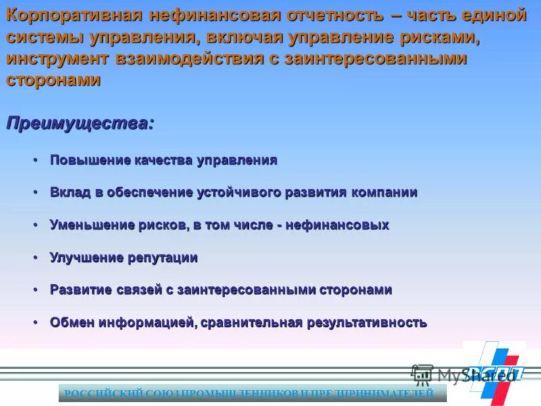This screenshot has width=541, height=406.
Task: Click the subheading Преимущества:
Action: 80,124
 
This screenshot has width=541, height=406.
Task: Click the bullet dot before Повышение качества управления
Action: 35,160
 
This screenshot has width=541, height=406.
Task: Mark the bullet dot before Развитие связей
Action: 35,290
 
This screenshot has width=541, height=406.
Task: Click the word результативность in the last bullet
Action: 368,322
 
